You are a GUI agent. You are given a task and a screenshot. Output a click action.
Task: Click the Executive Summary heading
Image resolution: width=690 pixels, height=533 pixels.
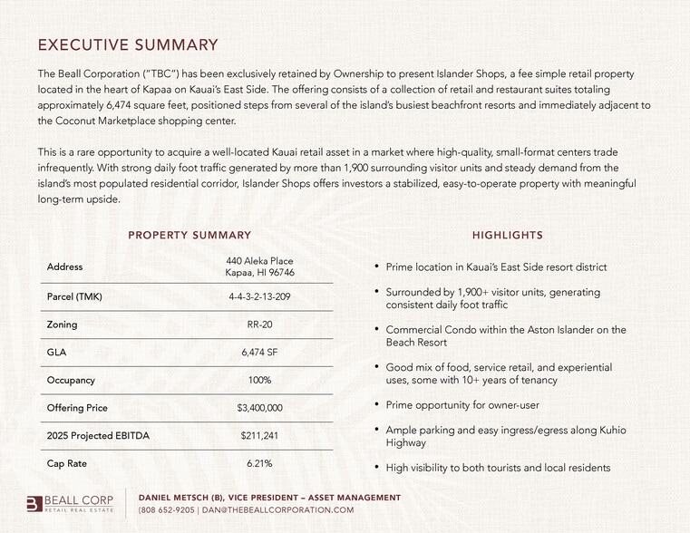pos(128,44)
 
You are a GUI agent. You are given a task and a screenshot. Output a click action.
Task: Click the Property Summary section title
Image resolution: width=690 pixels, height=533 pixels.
pos(190,235)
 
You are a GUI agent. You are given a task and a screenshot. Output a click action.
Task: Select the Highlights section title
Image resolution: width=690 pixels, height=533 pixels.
pos(507,235)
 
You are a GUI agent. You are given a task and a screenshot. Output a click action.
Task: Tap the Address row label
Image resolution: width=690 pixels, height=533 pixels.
pos(64,266)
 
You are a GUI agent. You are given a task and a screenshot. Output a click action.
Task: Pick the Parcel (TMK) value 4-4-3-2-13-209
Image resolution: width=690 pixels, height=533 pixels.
pos(259,296)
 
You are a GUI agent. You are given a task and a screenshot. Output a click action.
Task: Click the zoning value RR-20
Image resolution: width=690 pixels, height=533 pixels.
pos(259,325)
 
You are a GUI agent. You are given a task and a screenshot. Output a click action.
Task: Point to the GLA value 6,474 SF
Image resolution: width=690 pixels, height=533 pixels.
pos(259,353)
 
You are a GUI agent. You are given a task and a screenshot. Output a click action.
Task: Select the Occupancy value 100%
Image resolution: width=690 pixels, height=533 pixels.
pos(259,380)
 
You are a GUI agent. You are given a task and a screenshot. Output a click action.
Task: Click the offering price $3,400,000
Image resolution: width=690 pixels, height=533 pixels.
pos(259,408)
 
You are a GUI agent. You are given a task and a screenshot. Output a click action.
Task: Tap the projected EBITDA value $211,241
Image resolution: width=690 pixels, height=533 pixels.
pos(259,435)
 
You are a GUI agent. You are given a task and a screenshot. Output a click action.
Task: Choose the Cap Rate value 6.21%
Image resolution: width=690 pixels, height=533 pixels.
pos(259,463)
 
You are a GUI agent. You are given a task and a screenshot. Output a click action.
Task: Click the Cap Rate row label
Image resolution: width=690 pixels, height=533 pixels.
pos(66,463)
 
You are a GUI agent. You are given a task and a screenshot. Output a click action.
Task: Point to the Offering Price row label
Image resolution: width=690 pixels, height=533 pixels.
pos(77,408)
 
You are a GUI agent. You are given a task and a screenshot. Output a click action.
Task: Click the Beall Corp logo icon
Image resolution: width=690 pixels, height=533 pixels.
pos(34,504)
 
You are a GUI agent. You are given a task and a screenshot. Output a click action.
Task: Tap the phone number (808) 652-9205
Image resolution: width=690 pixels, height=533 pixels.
pos(166,510)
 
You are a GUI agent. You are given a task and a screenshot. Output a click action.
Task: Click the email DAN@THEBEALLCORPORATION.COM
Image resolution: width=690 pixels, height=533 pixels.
pos(277,510)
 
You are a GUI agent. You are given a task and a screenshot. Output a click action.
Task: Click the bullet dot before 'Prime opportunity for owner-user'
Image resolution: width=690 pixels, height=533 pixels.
pos(376,404)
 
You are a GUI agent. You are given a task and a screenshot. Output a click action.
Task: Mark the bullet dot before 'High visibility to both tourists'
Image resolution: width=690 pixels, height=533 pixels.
pos(376,468)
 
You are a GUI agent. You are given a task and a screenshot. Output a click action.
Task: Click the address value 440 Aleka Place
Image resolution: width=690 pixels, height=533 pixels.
pos(259,261)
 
